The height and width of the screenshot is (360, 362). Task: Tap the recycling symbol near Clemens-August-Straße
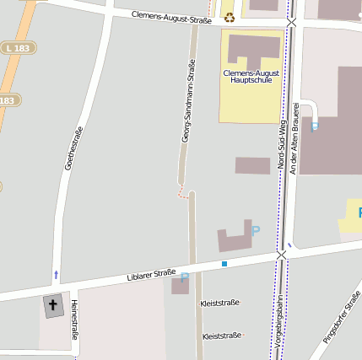[229, 17]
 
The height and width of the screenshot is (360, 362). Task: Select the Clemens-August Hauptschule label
[251, 77]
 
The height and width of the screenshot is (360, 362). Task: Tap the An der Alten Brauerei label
[295, 139]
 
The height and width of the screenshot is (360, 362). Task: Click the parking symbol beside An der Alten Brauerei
[315, 127]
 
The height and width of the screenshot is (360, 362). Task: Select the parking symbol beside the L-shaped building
[256, 230]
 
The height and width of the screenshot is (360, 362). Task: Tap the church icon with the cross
[52, 305]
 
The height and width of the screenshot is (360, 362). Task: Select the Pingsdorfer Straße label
[342, 317]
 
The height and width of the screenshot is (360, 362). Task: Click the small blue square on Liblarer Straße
[224, 264]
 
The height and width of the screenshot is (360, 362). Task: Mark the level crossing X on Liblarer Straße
[281, 254]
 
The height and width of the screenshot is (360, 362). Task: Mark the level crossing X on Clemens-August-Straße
[291, 22]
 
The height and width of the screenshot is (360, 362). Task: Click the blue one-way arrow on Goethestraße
[57, 275]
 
